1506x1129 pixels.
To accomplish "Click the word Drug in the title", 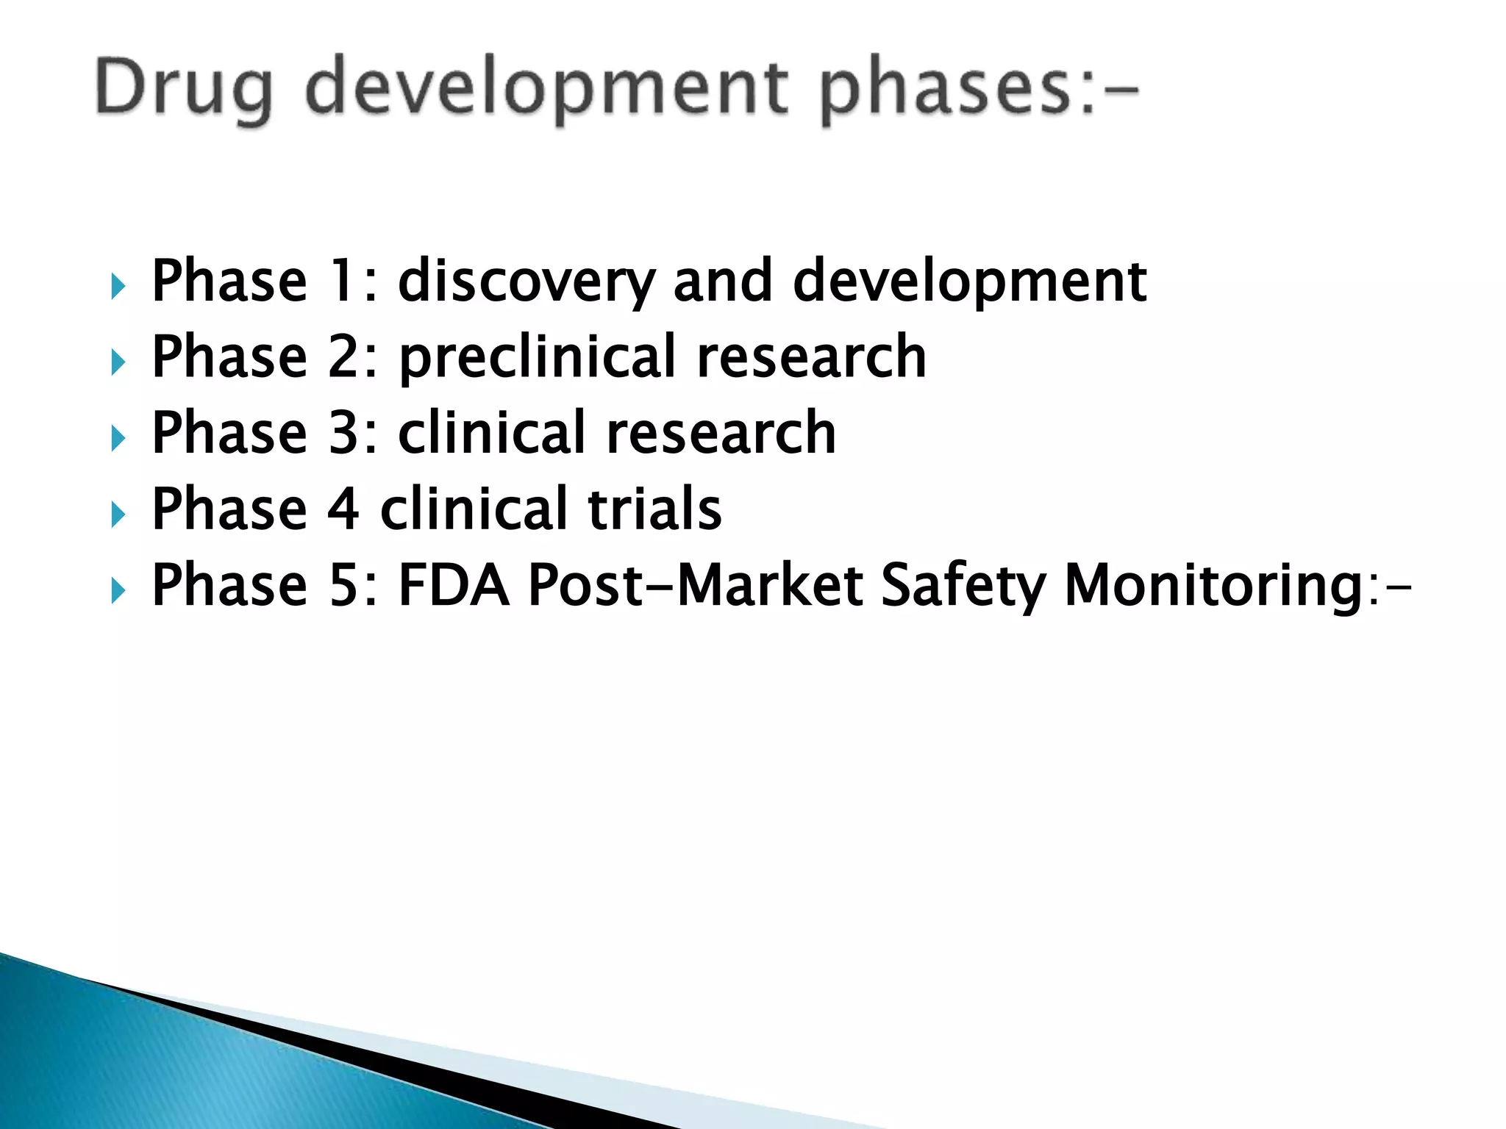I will [184, 88].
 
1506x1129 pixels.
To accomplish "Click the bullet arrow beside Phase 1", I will [118, 286].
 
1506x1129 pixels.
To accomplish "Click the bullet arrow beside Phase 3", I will [118, 439].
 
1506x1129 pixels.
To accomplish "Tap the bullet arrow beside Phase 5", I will [118, 590].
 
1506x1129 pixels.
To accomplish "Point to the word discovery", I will [527, 282].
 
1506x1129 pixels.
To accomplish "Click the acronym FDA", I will [454, 586].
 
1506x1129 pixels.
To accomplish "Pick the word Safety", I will [963, 586].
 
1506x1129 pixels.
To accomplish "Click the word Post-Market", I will [696, 586].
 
